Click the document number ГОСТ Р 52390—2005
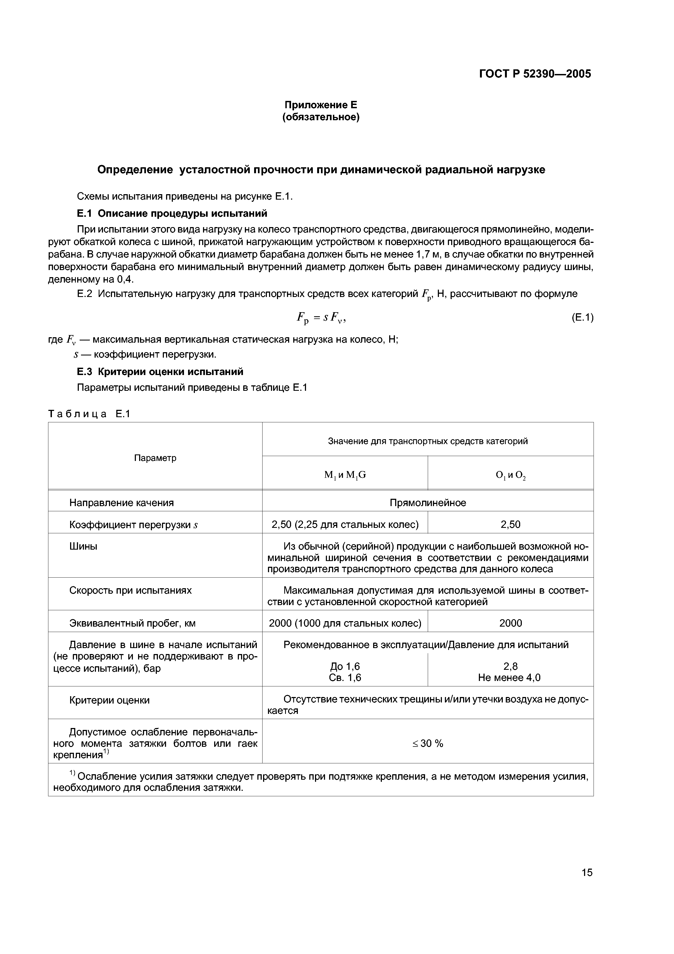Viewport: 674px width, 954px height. click(x=535, y=74)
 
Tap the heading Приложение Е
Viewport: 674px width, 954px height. click(x=321, y=105)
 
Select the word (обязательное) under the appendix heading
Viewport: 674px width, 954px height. click(x=321, y=117)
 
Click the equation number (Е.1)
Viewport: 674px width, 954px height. click(x=582, y=317)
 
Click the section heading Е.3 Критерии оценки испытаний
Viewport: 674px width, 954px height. click(x=160, y=371)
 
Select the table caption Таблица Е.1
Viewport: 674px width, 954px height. click(x=89, y=414)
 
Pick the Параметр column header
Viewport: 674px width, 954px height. click(x=155, y=458)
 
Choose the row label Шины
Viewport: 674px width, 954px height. click(x=83, y=546)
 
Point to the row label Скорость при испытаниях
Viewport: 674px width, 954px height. click(x=130, y=590)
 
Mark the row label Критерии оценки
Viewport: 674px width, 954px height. click(x=109, y=700)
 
